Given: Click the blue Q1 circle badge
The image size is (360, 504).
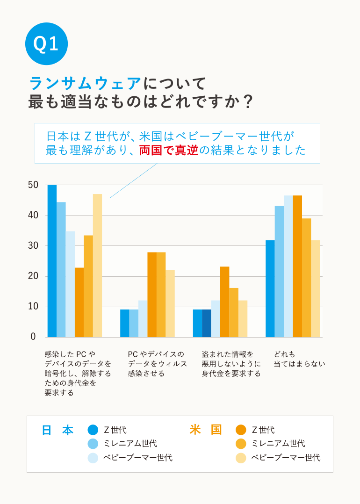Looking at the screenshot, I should tap(46, 43).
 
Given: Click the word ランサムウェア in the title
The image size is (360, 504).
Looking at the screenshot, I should tap(85, 83).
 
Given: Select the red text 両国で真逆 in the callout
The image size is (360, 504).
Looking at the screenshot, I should tap(169, 150).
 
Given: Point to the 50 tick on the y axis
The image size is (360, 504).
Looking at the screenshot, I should tap(33, 185).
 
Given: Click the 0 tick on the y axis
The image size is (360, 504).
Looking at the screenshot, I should tap(33, 337).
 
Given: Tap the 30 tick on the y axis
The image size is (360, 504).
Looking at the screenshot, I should tap(33, 246).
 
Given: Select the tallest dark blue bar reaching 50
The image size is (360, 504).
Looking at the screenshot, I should tap(52, 261).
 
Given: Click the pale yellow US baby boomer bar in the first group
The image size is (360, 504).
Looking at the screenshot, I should tap(97, 266).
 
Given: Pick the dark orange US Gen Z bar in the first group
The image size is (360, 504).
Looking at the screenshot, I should tap(79, 302).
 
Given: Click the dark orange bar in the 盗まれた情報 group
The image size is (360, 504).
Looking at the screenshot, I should tap(224, 302).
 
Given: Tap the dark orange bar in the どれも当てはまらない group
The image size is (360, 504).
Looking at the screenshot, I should tap(297, 266).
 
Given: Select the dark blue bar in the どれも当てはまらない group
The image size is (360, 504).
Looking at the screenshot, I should tap(270, 288).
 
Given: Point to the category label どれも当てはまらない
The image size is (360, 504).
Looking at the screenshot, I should tap(299, 359).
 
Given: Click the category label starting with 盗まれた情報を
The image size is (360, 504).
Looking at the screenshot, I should tap(231, 364).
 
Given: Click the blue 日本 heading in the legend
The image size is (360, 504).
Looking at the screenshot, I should tap(58, 430).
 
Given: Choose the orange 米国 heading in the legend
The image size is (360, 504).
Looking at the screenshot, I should tap(206, 430).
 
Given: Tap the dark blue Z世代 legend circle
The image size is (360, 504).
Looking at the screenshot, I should tap(93, 430).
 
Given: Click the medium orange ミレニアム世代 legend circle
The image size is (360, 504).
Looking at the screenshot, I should tap(241, 444).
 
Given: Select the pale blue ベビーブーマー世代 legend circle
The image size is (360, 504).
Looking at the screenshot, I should tap(93, 458).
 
